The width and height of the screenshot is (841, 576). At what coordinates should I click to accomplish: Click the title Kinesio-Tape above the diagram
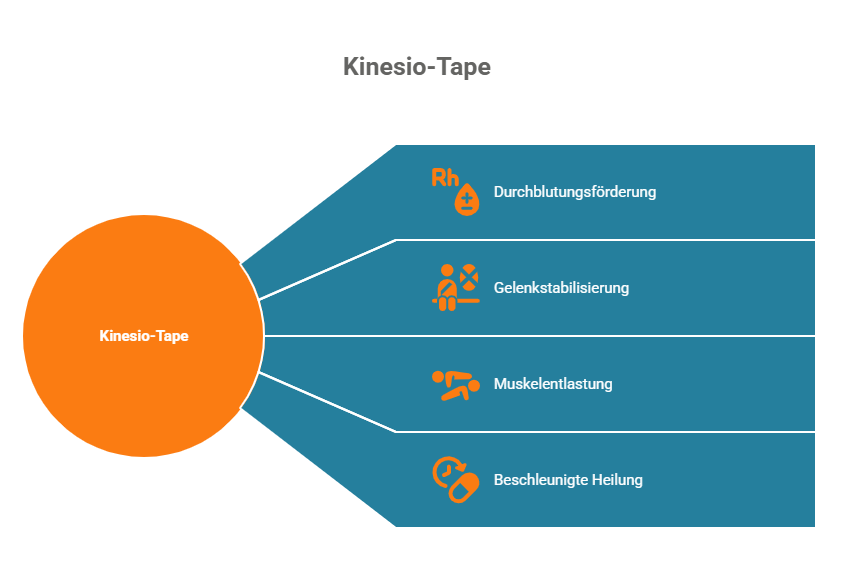[x=417, y=67]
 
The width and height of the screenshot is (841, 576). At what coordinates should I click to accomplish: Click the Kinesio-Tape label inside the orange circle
[x=144, y=336]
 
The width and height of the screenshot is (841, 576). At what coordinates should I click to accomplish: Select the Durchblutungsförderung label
[x=575, y=191]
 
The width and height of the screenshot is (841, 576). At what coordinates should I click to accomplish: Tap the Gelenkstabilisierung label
[x=561, y=288]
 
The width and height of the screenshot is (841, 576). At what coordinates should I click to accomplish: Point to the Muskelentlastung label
[x=553, y=384]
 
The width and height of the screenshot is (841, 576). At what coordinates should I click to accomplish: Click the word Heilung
[x=616, y=480]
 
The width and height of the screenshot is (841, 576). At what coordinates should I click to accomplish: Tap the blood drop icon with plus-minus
[x=467, y=200]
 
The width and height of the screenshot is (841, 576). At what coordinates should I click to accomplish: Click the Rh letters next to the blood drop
[x=445, y=178]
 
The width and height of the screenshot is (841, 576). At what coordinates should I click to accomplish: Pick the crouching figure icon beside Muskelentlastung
[x=455, y=384]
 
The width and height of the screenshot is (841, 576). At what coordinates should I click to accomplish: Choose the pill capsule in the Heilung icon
[x=463, y=490]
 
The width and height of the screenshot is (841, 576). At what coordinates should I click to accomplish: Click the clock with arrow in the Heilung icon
[x=445, y=470]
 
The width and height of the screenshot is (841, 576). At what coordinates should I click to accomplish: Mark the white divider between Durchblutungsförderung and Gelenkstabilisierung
[x=600, y=240]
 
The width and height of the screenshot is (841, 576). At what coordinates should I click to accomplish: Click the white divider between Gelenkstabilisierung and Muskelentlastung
[x=600, y=336]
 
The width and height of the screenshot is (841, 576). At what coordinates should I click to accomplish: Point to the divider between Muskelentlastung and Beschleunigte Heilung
[x=600, y=432]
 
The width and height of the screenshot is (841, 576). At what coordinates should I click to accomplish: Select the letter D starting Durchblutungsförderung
[x=499, y=191]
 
